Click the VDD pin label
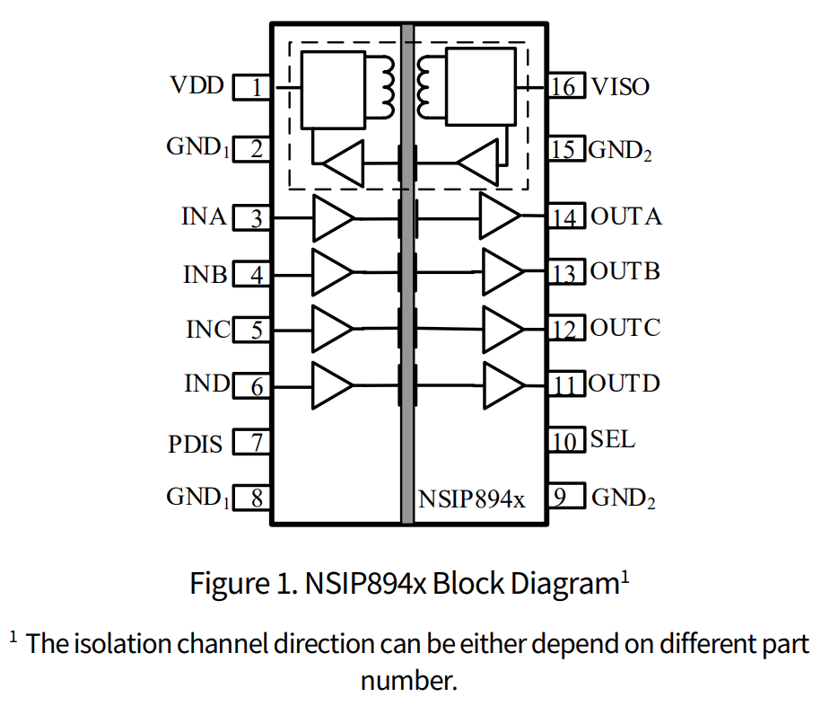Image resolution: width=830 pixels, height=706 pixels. [197, 86]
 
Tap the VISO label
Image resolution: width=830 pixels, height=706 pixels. [619, 87]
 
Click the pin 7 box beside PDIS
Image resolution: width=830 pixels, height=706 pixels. [253, 443]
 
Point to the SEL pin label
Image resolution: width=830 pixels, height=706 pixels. [613, 440]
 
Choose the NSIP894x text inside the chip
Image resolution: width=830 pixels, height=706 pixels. [472, 499]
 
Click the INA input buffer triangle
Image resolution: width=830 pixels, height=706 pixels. [332, 217]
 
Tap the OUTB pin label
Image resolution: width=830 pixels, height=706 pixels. [625, 272]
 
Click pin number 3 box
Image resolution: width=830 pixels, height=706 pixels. [253, 217]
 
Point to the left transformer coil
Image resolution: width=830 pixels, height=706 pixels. [387, 86]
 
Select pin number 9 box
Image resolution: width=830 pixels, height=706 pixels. [564, 497]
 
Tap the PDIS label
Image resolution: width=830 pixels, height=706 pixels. [195, 444]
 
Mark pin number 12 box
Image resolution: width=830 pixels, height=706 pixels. [564, 329]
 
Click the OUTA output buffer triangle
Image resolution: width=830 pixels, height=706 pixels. [499, 217]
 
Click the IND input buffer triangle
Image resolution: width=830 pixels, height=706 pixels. [332, 384]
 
